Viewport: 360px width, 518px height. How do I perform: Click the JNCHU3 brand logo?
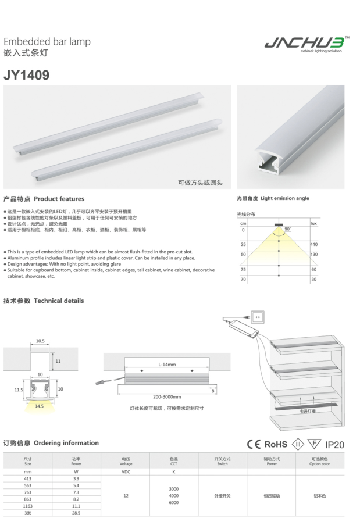pyautogui.click(x=306, y=44)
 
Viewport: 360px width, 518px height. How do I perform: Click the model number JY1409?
pyautogui.click(x=26, y=76)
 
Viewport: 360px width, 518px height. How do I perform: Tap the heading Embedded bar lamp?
pyautogui.click(x=47, y=42)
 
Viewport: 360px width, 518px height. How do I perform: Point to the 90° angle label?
pyautogui.click(x=288, y=229)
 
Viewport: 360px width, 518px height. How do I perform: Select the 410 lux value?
pyautogui.click(x=313, y=244)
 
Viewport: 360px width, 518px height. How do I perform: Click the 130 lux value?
pyautogui.click(x=313, y=255)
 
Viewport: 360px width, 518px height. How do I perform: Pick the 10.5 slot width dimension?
pyautogui.click(x=40, y=341)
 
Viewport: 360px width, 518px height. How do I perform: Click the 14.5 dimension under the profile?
pyautogui.click(x=39, y=406)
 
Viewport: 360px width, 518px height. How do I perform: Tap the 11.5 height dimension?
pyautogui.click(x=19, y=390)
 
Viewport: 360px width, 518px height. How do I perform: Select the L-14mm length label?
pyautogui.click(x=167, y=365)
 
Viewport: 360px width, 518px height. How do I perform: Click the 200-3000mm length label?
pyautogui.click(x=167, y=396)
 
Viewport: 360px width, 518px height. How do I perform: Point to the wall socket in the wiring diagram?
pyautogui.click(x=258, y=317)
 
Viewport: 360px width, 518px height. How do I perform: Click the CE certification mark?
pyautogui.click(x=254, y=444)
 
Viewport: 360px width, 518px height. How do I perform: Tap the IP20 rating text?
pyautogui.click(x=334, y=445)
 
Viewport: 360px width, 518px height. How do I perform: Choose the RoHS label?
pyautogui.click(x=276, y=444)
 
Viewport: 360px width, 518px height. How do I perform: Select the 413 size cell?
pyautogui.click(x=28, y=478)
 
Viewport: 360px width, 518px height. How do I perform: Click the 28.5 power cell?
pyautogui.click(x=76, y=513)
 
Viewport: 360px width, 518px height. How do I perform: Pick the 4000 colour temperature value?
pyautogui.click(x=173, y=495)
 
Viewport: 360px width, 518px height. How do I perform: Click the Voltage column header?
pyautogui.click(x=126, y=461)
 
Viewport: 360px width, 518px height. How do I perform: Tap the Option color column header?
pyautogui.click(x=320, y=461)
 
